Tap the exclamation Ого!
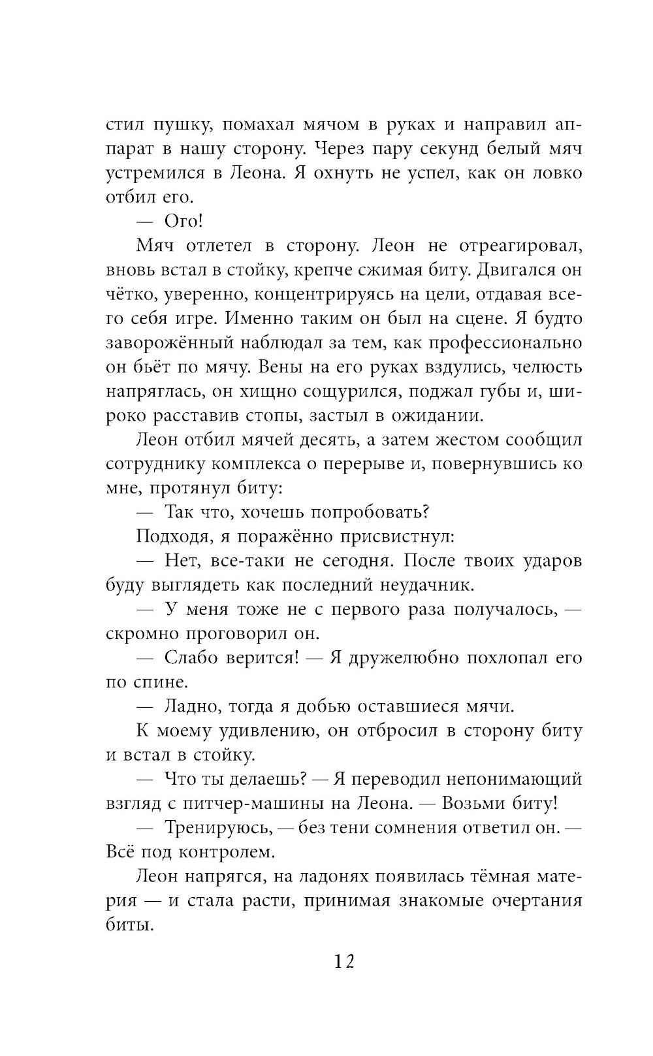pyautogui.click(x=183, y=221)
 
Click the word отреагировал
pyautogui.click(x=520, y=245)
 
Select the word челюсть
pyautogui.click(x=547, y=367)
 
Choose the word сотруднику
pyautogui.click(x=154, y=463)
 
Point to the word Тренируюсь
pyautogui.click(x=217, y=827)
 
